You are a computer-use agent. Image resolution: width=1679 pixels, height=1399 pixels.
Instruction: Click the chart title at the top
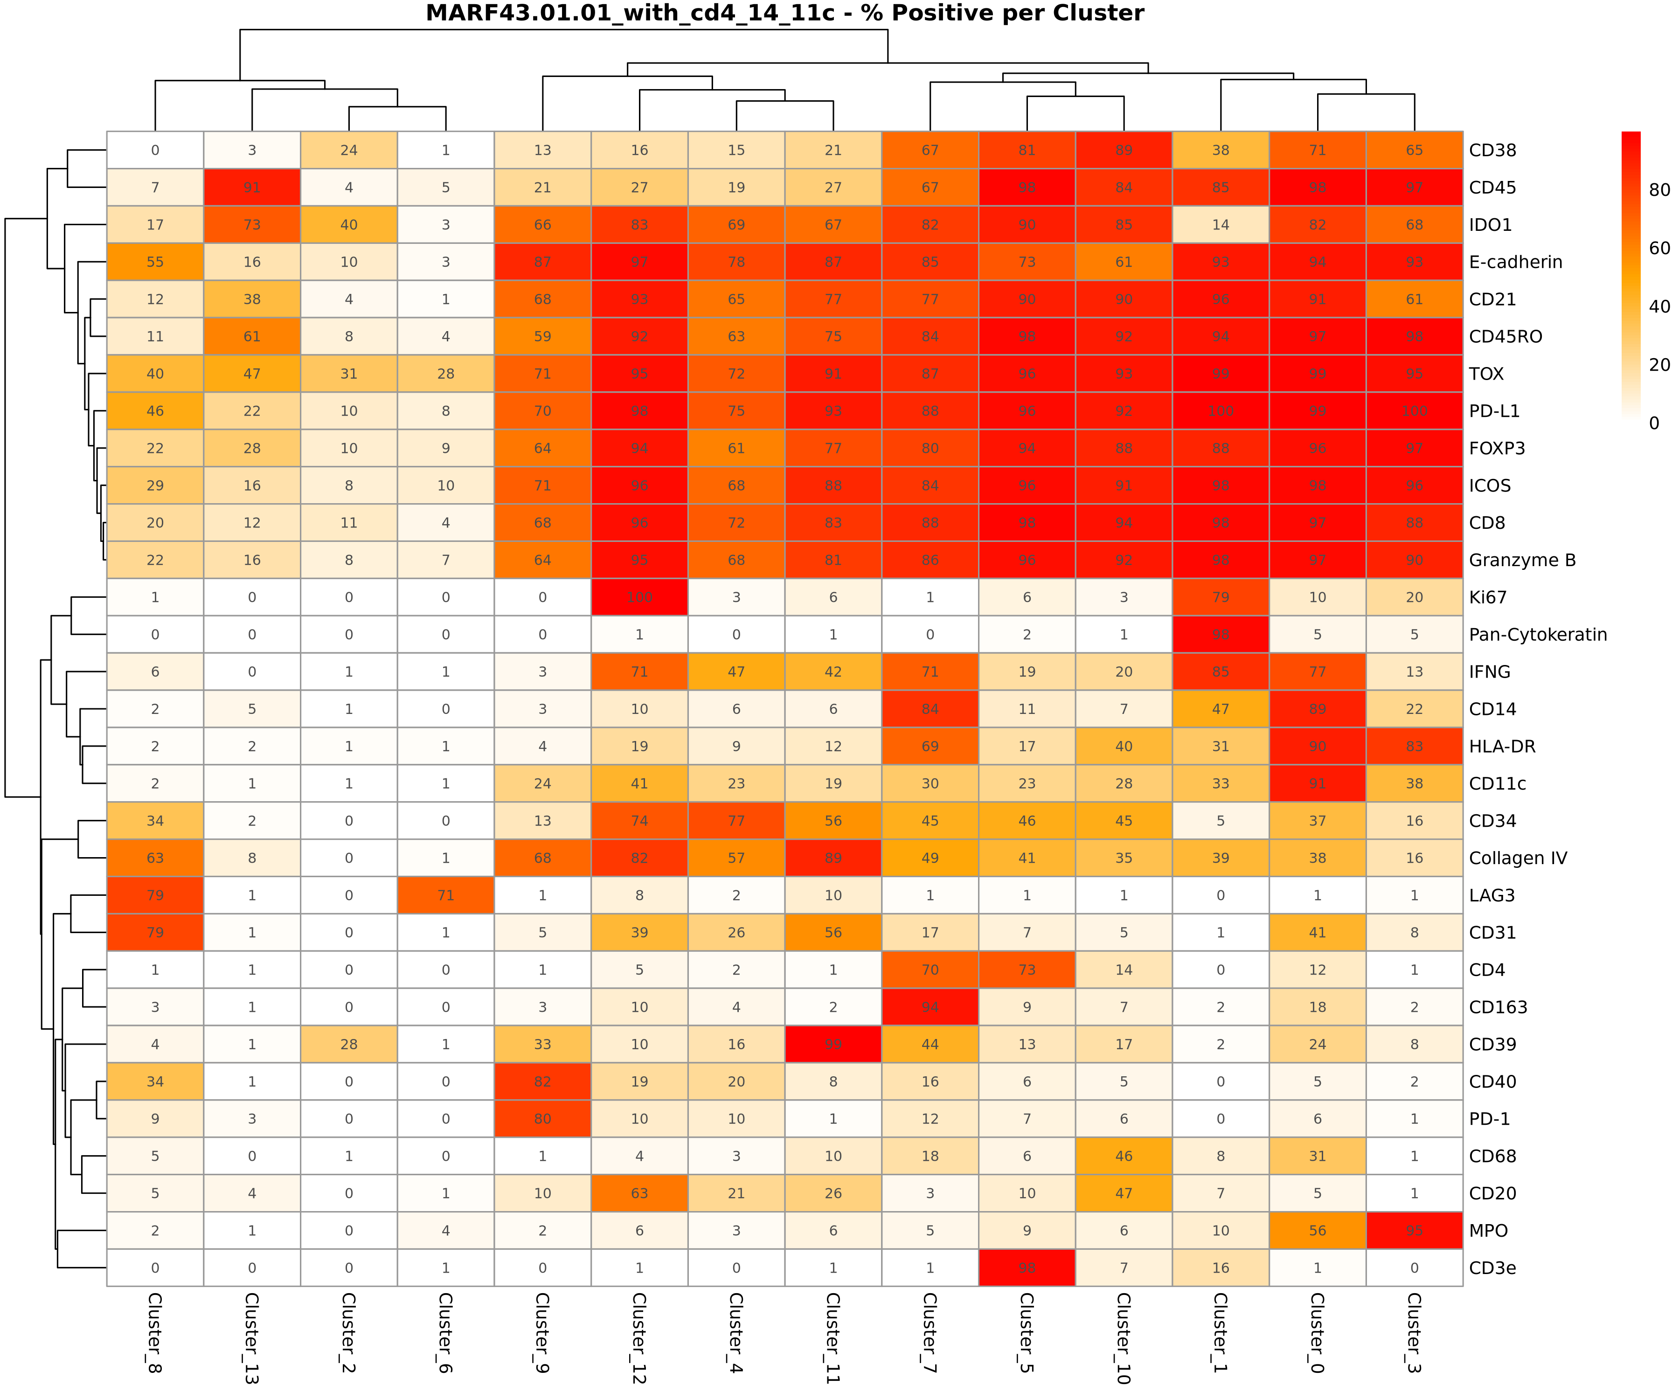pos(784,14)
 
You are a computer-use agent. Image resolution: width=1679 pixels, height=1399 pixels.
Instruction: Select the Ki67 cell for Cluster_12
pos(639,597)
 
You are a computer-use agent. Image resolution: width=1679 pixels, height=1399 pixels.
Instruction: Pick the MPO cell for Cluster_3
pos(1415,1230)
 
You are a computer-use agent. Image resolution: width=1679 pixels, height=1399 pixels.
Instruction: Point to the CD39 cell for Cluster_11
pos(833,1044)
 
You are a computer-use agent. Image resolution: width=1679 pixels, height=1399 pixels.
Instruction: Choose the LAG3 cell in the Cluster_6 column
pos(445,895)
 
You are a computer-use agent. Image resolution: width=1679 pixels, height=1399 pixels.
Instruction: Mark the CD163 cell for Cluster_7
pos(930,1007)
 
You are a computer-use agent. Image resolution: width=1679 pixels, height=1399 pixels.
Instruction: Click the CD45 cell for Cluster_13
pos(252,187)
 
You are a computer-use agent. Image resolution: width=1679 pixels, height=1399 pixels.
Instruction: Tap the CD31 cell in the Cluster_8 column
pos(155,932)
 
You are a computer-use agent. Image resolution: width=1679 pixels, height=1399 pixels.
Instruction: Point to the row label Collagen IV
pos(1518,858)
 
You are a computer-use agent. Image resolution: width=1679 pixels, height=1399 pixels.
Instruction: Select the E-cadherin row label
pos(1515,262)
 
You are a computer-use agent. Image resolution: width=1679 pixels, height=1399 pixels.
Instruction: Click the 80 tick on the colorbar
pos(1659,190)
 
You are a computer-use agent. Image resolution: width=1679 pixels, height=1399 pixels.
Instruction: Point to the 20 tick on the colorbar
pos(1659,365)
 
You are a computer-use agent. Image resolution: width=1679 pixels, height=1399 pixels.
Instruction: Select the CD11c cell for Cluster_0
pos(1318,783)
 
